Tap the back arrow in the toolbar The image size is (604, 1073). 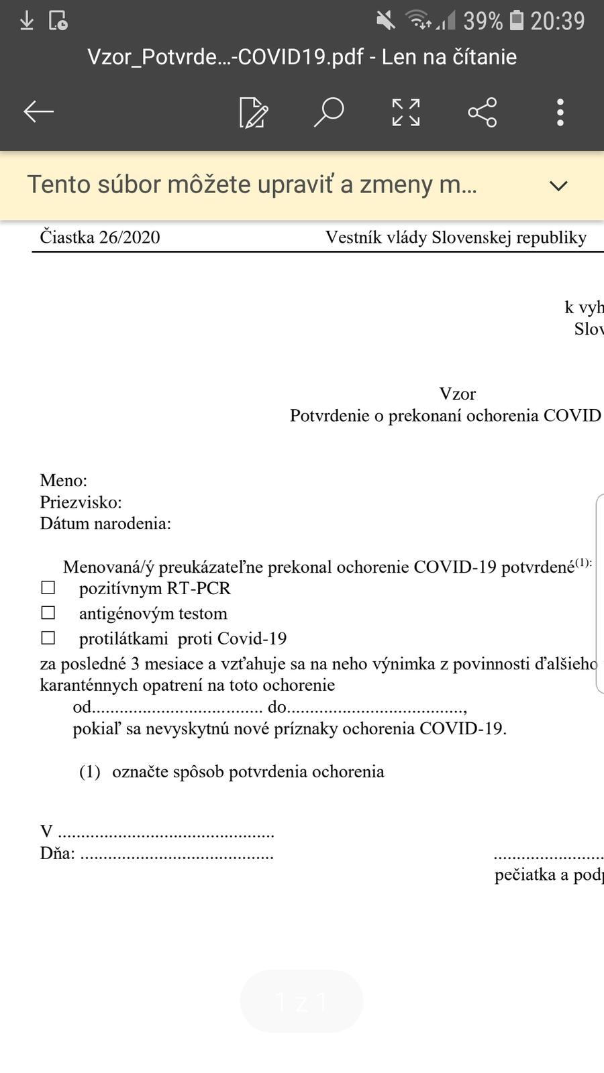pos(38,112)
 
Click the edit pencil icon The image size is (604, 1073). pos(254,113)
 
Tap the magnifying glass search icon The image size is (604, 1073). pos(329,112)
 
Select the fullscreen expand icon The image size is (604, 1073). pos(406,112)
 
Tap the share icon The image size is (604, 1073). pos(483,112)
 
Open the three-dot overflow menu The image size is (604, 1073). pos(560,112)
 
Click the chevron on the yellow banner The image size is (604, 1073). pos(558,186)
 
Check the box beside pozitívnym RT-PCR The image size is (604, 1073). pos(48,588)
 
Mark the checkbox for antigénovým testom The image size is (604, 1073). pos(48,613)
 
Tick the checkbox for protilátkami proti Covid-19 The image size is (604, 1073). pos(48,638)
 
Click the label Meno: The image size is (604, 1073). pos(64,480)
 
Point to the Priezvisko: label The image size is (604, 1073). pos(81,502)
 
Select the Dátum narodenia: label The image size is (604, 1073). pos(105,524)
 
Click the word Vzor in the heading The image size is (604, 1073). pos(457,394)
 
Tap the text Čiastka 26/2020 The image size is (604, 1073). pos(100,237)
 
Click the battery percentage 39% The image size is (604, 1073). pos(483,21)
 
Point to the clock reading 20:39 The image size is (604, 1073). pos(558,21)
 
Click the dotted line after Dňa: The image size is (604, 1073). pos(177,854)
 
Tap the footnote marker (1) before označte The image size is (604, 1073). pos(90,772)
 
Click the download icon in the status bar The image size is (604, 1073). pos(27,21)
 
